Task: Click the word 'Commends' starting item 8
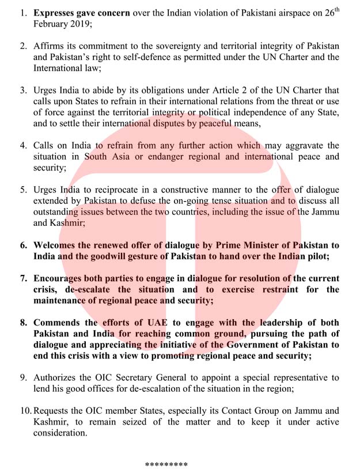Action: click(56, 323)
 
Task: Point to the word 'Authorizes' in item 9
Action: click(58, 378)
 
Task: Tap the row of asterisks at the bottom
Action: click(166, 463)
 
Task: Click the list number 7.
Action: click(24, 278)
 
